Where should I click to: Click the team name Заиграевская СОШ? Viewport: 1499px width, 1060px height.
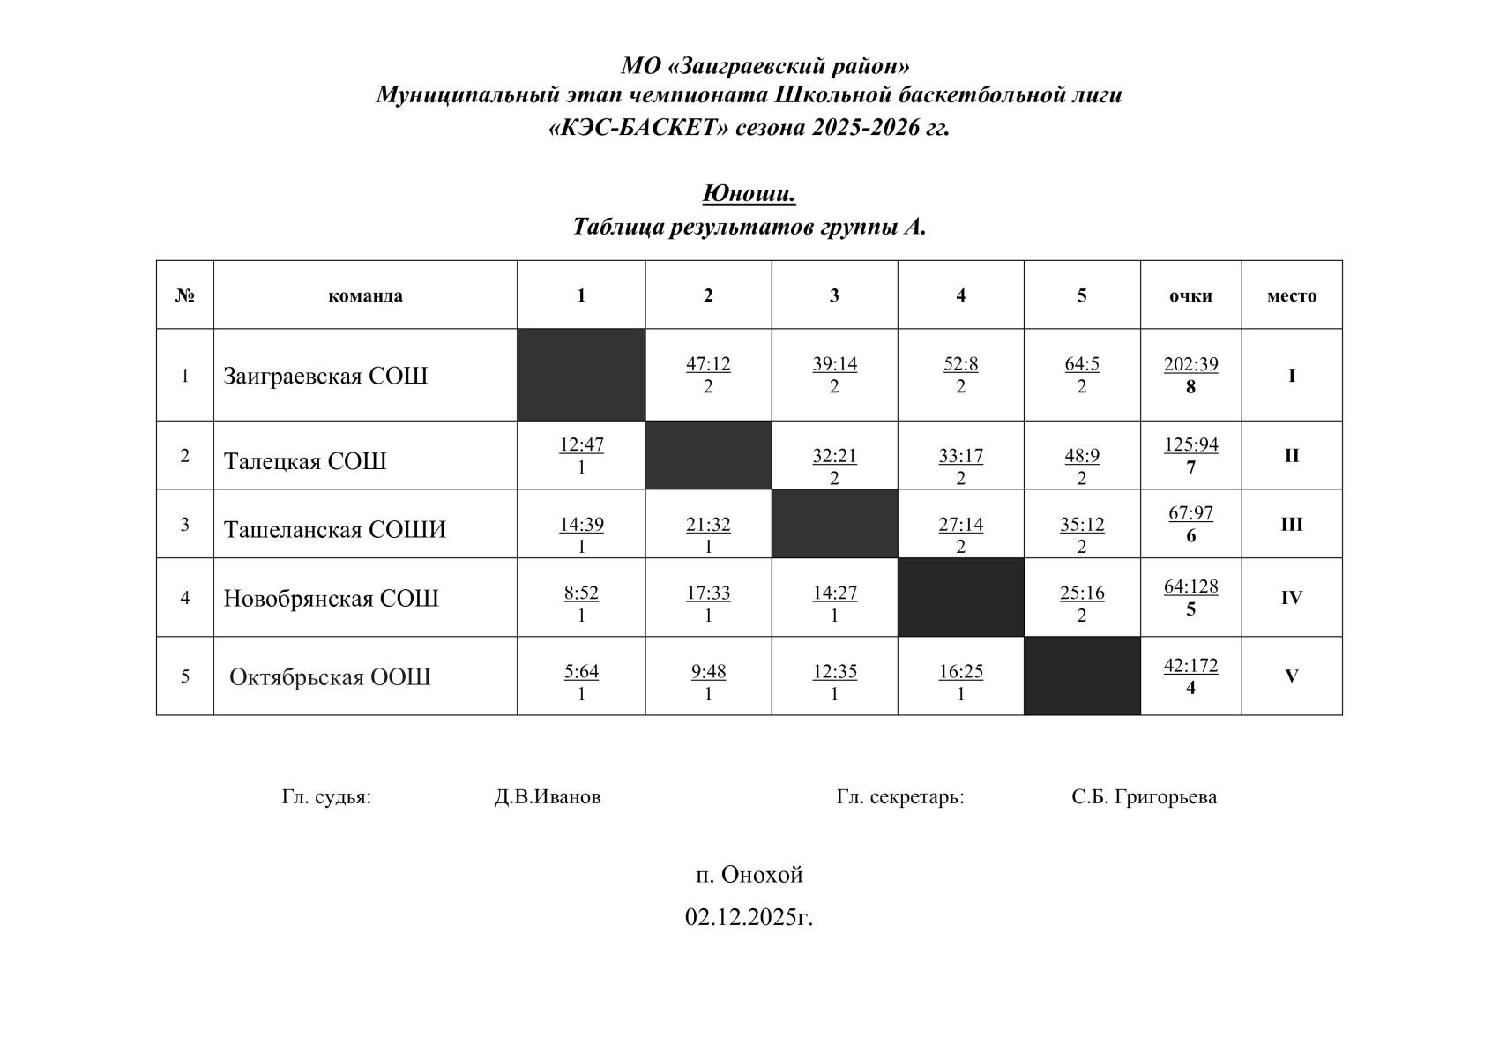pos(325,376)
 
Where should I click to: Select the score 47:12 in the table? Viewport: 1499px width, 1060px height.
pos(708,364)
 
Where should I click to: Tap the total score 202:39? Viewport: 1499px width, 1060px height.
pos(1190,364)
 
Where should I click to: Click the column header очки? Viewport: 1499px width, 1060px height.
pos(1190,295)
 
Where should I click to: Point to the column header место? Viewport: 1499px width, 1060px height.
pos(1291,295)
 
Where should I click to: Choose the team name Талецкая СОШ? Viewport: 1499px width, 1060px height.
pos(305,461)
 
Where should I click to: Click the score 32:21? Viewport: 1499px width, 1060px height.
pos(834,456)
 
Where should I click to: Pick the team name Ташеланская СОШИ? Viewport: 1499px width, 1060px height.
pos(335,529)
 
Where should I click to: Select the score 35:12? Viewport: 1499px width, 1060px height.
pos(1082,525)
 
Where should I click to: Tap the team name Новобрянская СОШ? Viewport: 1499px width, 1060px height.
pos(331,598)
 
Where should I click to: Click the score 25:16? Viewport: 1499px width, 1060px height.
pos(1082,593)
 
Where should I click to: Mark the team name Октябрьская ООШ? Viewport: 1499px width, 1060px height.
pos(330,676)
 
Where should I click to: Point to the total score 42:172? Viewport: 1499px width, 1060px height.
pos(1190,666)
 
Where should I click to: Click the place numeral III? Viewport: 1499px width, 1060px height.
pos(1291,525)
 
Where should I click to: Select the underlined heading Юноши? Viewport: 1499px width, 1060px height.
pos(749,193)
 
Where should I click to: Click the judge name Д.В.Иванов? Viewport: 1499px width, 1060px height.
pos(548,797)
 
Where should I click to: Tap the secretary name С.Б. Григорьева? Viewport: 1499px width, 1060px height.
pos(1144,797)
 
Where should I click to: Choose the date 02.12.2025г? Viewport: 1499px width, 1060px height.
pos(749,917)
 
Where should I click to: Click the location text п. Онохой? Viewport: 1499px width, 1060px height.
pos(749,875)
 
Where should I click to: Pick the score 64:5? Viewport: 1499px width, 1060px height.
pos(1082,364)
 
